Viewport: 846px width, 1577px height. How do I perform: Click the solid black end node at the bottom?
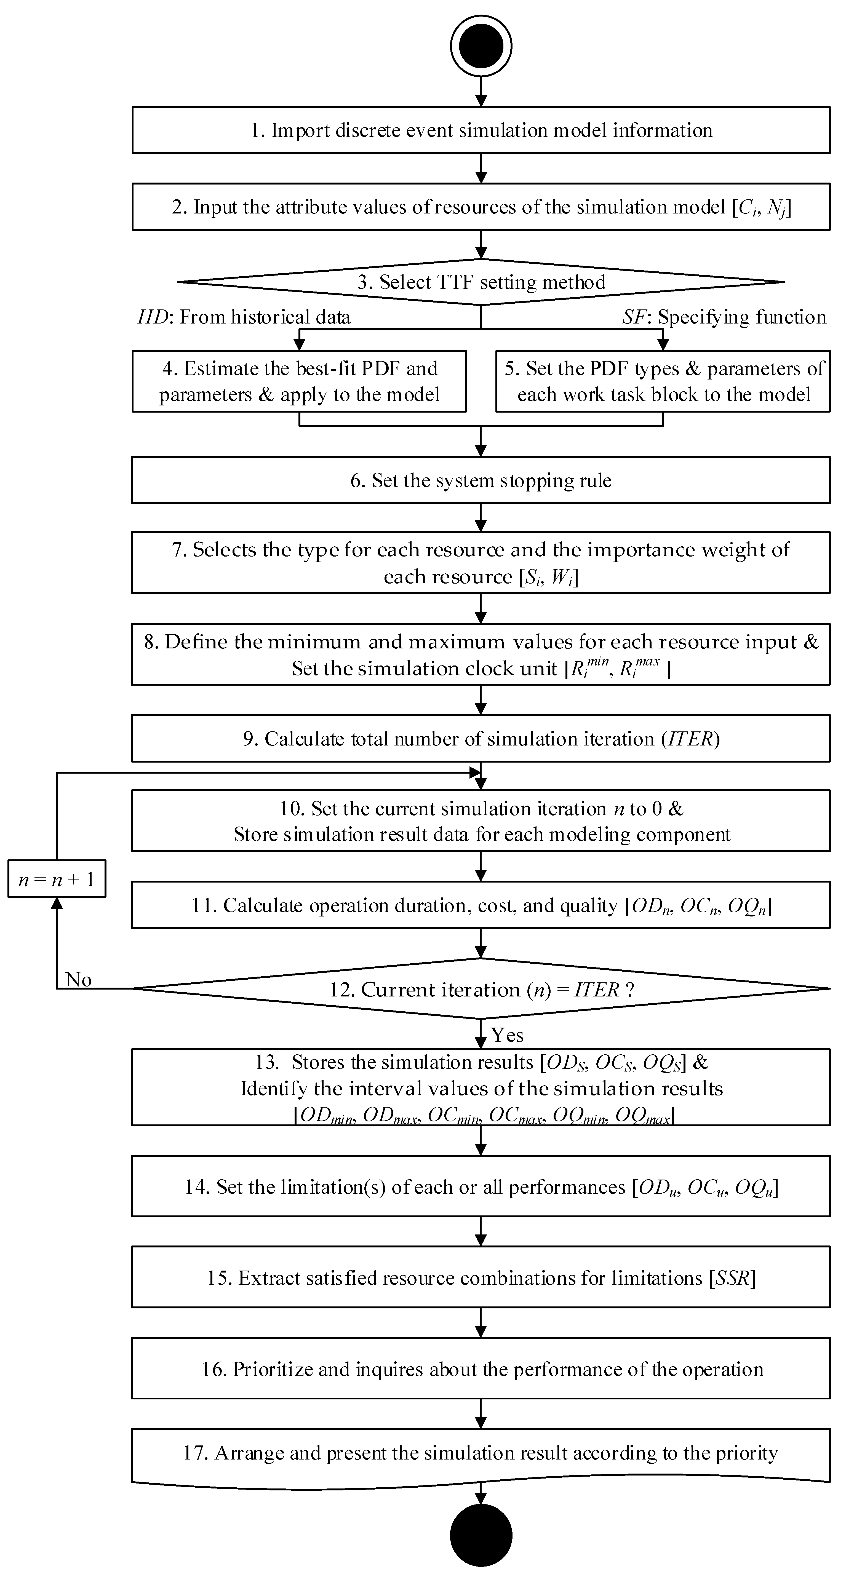tap(481, 1535)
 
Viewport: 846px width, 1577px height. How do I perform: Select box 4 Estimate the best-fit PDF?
tap(299, 381)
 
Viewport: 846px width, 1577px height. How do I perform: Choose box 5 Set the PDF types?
tap(663, 381)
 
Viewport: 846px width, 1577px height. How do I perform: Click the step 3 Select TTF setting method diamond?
tap(481, 282)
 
